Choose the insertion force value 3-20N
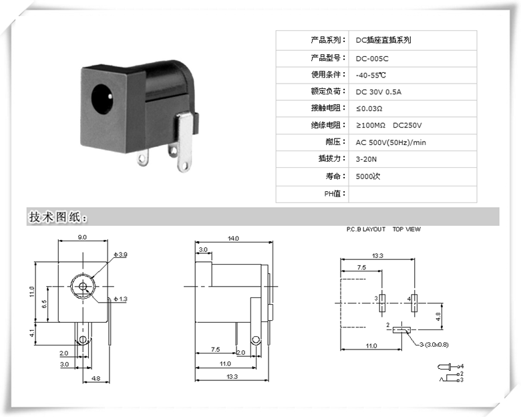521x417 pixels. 367,160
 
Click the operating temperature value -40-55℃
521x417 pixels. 371,75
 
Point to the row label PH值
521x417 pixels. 332,194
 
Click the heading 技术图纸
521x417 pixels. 57,217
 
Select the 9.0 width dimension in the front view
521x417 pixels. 81,238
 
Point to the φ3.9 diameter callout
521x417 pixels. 120,255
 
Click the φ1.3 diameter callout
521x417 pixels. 120,299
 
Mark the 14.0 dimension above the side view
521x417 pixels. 233,238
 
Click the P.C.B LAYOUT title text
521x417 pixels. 366,229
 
